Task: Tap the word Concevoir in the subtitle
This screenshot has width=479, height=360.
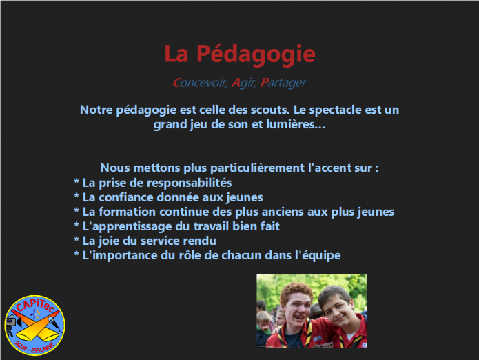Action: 199,83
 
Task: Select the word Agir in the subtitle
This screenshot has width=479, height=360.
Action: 243,83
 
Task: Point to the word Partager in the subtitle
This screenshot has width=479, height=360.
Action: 283,83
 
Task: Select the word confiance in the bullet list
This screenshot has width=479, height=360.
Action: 126,197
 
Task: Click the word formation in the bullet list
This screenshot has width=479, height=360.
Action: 127,212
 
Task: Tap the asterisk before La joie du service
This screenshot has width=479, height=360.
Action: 77,239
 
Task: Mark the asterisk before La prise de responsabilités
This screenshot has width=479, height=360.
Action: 77,181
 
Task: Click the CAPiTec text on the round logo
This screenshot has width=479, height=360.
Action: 35,306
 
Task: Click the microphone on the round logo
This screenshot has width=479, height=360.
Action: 54,323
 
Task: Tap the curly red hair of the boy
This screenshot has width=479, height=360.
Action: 296,290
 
